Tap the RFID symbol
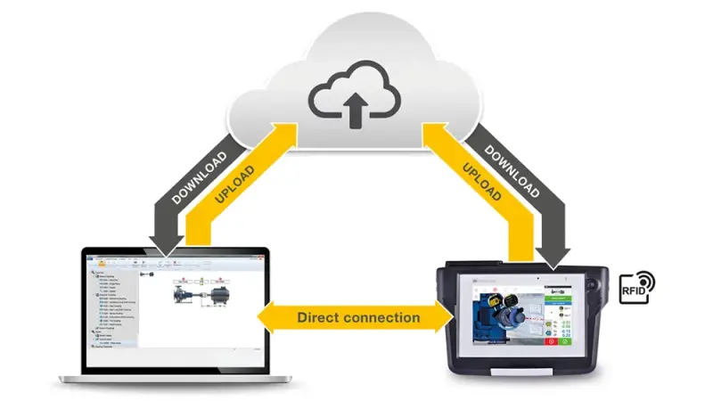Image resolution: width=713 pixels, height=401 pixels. tap(636, 289)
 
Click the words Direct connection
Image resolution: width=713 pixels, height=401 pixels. tap(357, 317)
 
